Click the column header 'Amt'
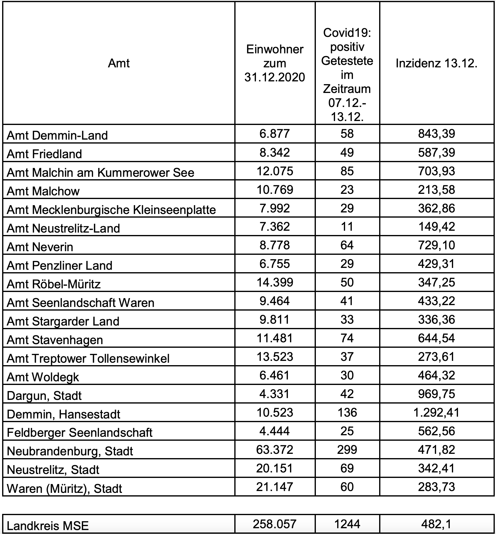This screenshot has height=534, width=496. pyautogui.click(x=119, y=63)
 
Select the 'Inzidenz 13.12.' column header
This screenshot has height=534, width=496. pyautogui.click(x=436, y=63)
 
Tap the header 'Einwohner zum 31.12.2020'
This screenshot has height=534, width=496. pyautogui.click(x=274, y=63)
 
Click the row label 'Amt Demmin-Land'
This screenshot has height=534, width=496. pyautogui.click(x=57, y=135)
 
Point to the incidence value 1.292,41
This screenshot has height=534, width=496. pyautogui.click(x=436, y=412)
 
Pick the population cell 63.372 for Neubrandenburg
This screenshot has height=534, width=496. pyautogui.click(x=274, y=450)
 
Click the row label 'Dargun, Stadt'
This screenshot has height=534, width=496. pyautogui.click(x=44, y=396)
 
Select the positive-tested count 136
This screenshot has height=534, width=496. pyautogui.click(x=347, y=412)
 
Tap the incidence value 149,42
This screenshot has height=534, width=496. pyautogui.click(x=436, y=227)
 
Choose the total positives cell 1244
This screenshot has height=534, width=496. pyautogui.click(x=347, y=524)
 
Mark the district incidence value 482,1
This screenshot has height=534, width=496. pyautogui.click(x=436, y=524)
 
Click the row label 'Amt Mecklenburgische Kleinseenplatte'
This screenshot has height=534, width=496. pyautogui.click(x=111, y=210)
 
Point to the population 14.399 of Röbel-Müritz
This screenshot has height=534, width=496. pyautogui.click(x=274, y=282)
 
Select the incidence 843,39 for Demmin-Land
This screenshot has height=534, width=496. pyautogui.click(x=436, y=134)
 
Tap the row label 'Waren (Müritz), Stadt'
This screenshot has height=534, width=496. pyautogui.click(x=64, y=488)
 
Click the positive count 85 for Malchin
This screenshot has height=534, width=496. pyautogui.click(x=347, y=171)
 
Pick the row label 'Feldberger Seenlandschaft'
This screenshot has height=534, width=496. pyautogui.click(x=79, y=433)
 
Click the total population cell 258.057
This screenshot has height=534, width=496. pyautogui.click(x=274, y=524)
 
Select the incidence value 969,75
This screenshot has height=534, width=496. pyautogui.click(x=436, y=394)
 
